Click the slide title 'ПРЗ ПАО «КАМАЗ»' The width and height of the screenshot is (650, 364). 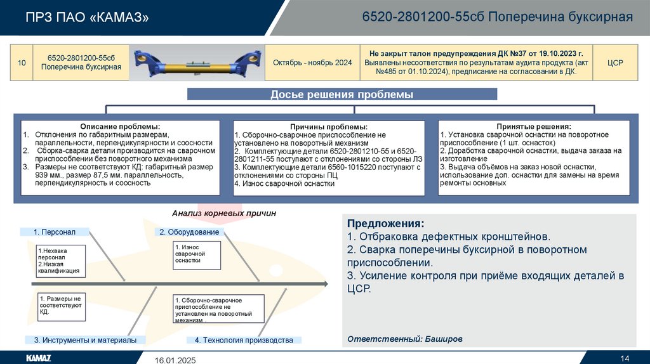coord(88,17)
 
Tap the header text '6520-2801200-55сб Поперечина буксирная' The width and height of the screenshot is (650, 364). coord(497,17)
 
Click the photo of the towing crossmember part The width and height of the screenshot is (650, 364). coord(196,63)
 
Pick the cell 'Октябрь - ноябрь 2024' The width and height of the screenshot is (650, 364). coord(312,63)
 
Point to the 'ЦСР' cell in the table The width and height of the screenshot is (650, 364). coord(615,63)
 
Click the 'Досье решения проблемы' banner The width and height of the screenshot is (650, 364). coord(342,95)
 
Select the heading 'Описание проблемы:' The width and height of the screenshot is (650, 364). coord(120,127)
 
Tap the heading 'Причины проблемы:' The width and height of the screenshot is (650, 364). coord(329,127)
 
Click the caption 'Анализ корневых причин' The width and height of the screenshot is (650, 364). coord(224,214)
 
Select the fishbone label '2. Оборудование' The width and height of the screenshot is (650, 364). coord(189,232)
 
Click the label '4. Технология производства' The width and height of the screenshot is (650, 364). coord(244,340)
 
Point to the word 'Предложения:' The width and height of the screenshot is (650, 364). coord(385,224)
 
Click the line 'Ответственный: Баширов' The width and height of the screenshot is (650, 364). coord(405,339)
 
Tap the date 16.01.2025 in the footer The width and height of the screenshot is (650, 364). coord(176,360)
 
